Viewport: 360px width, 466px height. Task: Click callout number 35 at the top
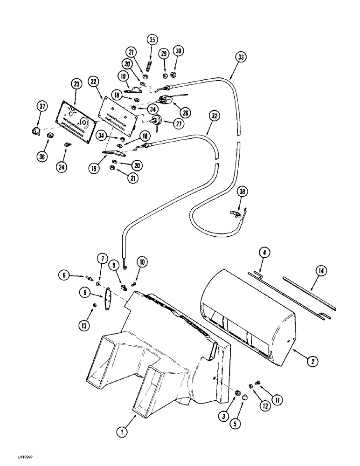tap(152, 40)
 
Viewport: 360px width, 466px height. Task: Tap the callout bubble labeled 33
tap(241, 57)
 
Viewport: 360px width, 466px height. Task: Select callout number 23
tap(76, 84)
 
